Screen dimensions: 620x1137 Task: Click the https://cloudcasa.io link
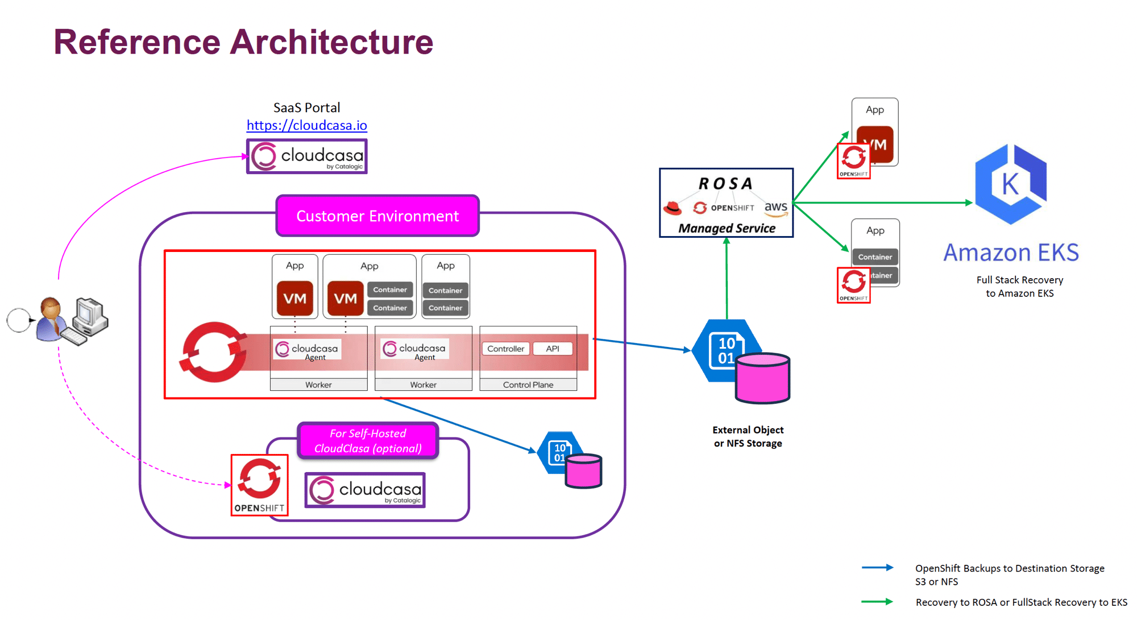306,125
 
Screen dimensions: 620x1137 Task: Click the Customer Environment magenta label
377,216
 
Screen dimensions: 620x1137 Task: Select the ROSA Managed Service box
726,203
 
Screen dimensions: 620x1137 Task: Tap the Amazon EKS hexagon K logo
1010,183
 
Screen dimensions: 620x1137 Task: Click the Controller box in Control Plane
505,349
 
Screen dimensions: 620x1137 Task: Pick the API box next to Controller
552,349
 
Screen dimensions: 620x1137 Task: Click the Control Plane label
528,385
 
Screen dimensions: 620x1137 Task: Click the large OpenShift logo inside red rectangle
214,352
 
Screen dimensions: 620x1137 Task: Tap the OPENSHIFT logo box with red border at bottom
259,485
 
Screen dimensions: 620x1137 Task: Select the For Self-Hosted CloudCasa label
368,441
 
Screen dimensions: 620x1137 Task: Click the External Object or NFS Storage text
748,437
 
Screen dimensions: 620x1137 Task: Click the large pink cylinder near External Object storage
762,378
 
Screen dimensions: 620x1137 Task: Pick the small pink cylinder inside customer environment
583,471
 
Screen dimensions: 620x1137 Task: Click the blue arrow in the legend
877,568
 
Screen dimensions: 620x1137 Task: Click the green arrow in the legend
877,602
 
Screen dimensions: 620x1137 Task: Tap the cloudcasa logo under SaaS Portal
307,156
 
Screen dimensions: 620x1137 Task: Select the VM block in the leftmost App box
294,299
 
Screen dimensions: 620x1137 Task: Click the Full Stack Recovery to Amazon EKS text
1019,287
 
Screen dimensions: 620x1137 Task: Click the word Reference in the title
137,42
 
